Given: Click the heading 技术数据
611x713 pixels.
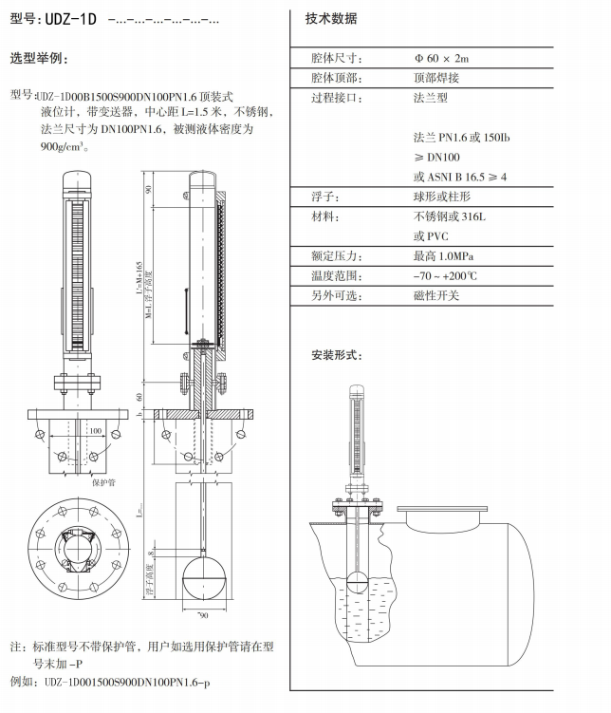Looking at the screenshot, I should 331,19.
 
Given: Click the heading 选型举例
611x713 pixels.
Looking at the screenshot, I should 39,59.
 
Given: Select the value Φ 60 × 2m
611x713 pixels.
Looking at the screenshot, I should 441,59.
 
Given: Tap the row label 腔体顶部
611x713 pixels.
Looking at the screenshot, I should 337,78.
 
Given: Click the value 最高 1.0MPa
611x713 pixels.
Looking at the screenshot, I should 443,256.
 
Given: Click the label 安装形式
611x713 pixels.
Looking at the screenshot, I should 336,356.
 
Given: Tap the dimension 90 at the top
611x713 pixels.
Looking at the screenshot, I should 149,189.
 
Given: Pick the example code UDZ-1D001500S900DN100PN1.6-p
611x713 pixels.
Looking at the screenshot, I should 127,682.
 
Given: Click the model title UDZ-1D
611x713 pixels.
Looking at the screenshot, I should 72,19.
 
